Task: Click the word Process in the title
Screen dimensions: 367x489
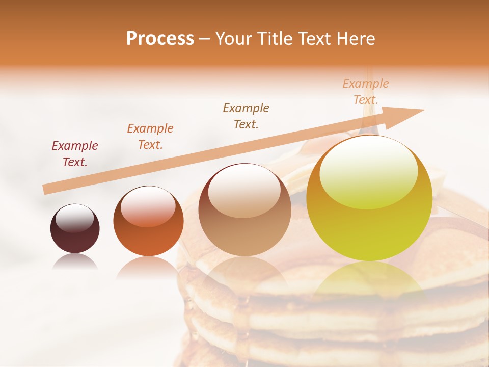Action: coord(160,38)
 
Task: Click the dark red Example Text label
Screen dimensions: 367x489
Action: coord(75,154)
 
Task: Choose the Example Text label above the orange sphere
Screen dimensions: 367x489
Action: coord(150,137)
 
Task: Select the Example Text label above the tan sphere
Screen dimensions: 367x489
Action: coord(246,116)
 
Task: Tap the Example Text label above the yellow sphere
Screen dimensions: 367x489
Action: coord(366,91)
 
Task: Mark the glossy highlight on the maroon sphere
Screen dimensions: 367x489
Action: coord(74,219)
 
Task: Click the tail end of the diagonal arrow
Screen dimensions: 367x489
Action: coord(46,190)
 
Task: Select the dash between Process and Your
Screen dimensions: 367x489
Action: coord(205,39)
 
